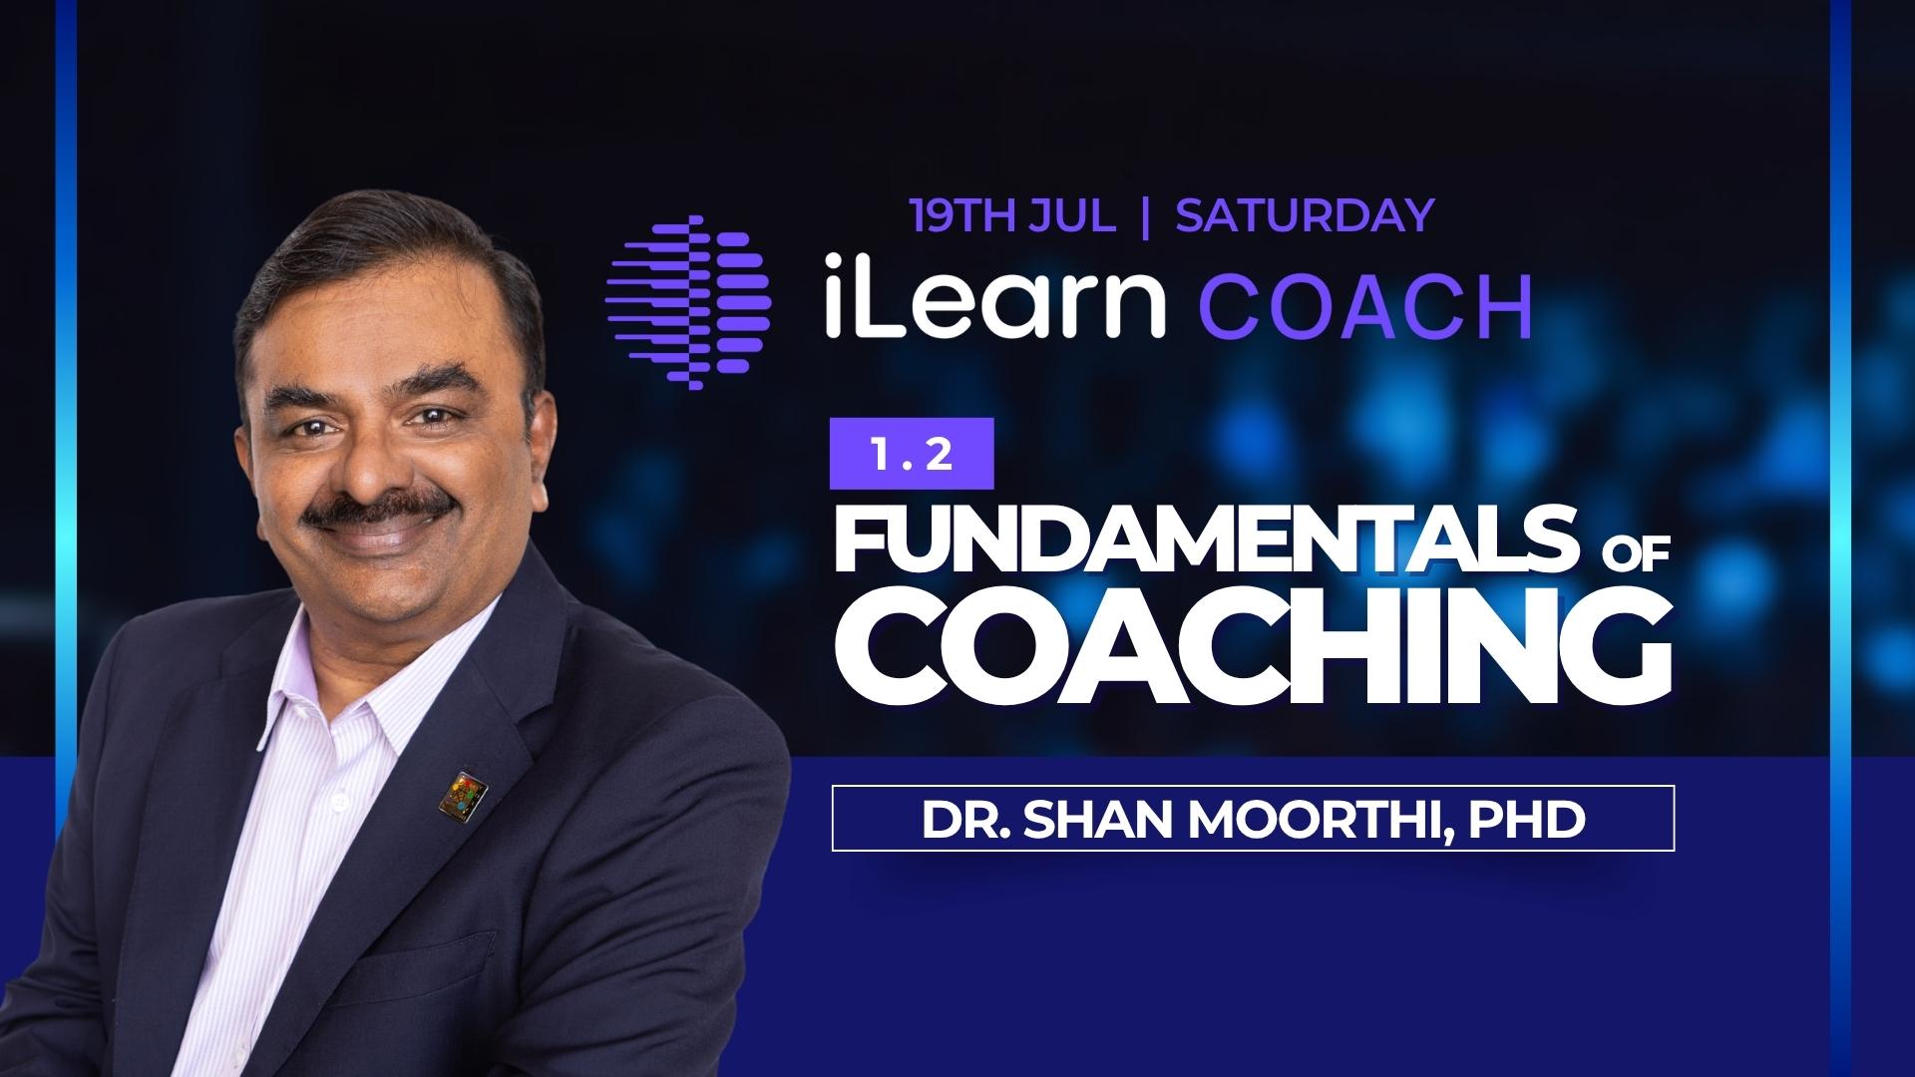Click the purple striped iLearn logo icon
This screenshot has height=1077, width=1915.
coord(689,301)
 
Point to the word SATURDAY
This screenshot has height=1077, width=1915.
coord(1305,215)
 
